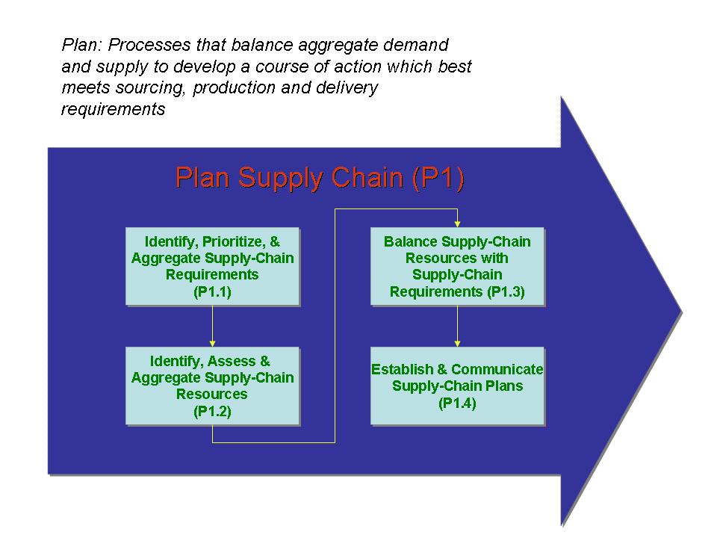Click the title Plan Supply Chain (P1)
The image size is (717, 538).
click(319, 179)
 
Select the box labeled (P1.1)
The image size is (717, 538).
click(213, 267)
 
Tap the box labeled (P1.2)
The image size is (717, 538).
click(213, 386)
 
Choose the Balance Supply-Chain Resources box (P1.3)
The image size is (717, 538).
click(457, 267)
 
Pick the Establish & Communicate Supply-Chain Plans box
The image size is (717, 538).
click(457, 386)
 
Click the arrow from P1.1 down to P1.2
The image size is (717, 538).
click(213, 326)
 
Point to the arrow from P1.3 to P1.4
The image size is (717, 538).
click(457, 326)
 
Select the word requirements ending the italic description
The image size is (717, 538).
click(112, 109)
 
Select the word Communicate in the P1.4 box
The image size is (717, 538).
click(497, 369)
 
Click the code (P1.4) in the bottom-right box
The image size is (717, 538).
click(457, 403)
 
